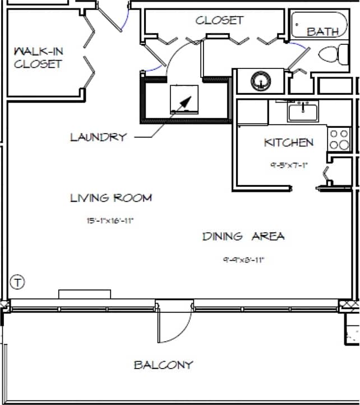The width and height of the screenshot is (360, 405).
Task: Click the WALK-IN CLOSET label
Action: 38,58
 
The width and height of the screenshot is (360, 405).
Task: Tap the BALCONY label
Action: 163,365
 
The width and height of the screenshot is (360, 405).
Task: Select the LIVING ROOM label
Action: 111,198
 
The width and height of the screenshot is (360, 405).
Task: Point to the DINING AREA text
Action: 243,236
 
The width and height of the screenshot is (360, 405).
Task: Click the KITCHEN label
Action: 289,143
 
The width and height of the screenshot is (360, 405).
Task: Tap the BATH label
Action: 322,32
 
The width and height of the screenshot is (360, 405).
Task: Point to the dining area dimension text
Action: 243,260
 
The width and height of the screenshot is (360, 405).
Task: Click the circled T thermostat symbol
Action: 18,282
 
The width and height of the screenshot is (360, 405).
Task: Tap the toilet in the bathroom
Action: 331,55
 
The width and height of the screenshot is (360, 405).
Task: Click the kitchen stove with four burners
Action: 339,139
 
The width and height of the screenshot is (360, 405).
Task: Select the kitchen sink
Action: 303,112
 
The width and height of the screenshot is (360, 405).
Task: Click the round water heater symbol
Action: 260,81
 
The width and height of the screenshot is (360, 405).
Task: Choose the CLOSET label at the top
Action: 219,20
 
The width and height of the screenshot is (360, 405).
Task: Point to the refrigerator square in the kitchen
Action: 252,112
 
